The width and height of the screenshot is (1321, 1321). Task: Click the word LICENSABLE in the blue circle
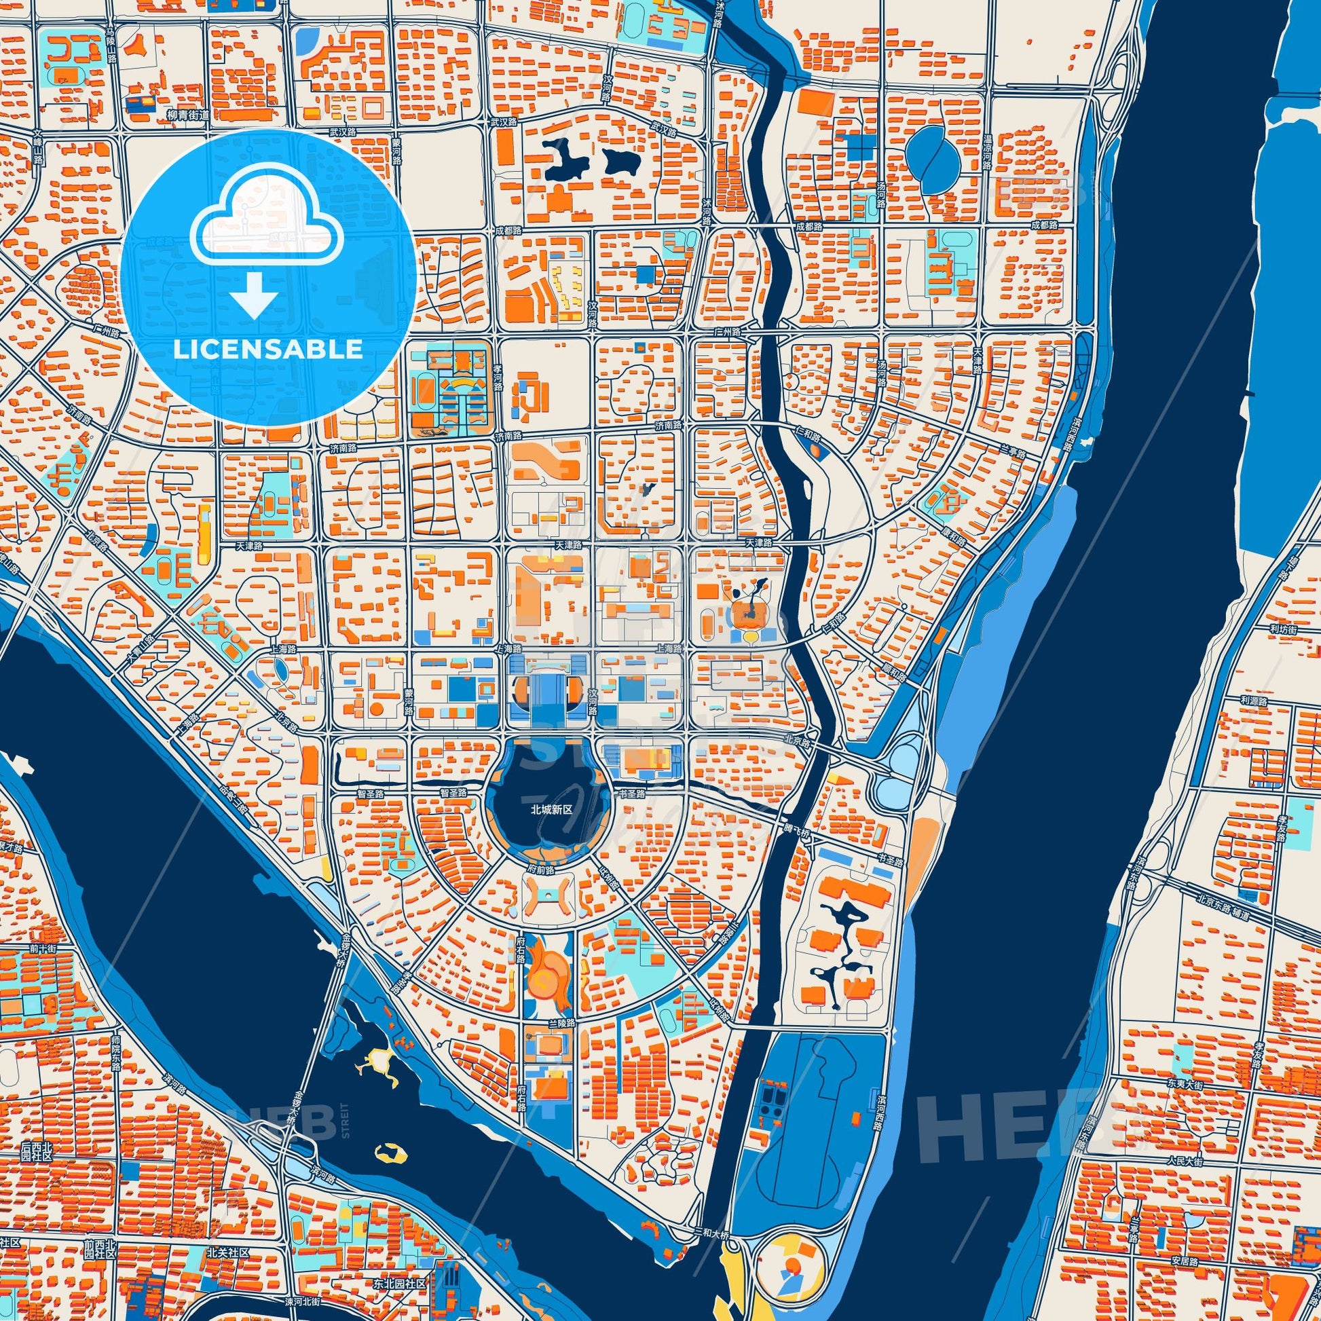coord(267,350)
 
